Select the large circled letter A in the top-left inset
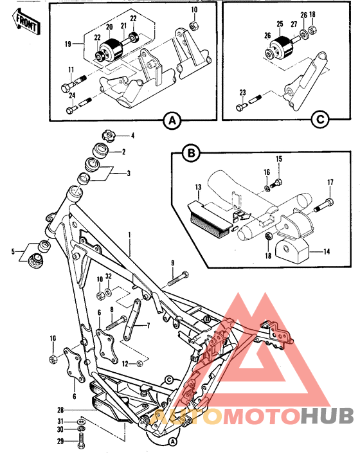coord(170,120)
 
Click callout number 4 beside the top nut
coord(133,136)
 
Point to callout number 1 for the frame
coord(129,237)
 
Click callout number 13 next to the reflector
coord(199,188)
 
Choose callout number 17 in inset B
coord(331,183)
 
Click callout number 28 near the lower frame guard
coord(60,409)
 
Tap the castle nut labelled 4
coord(107,136)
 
